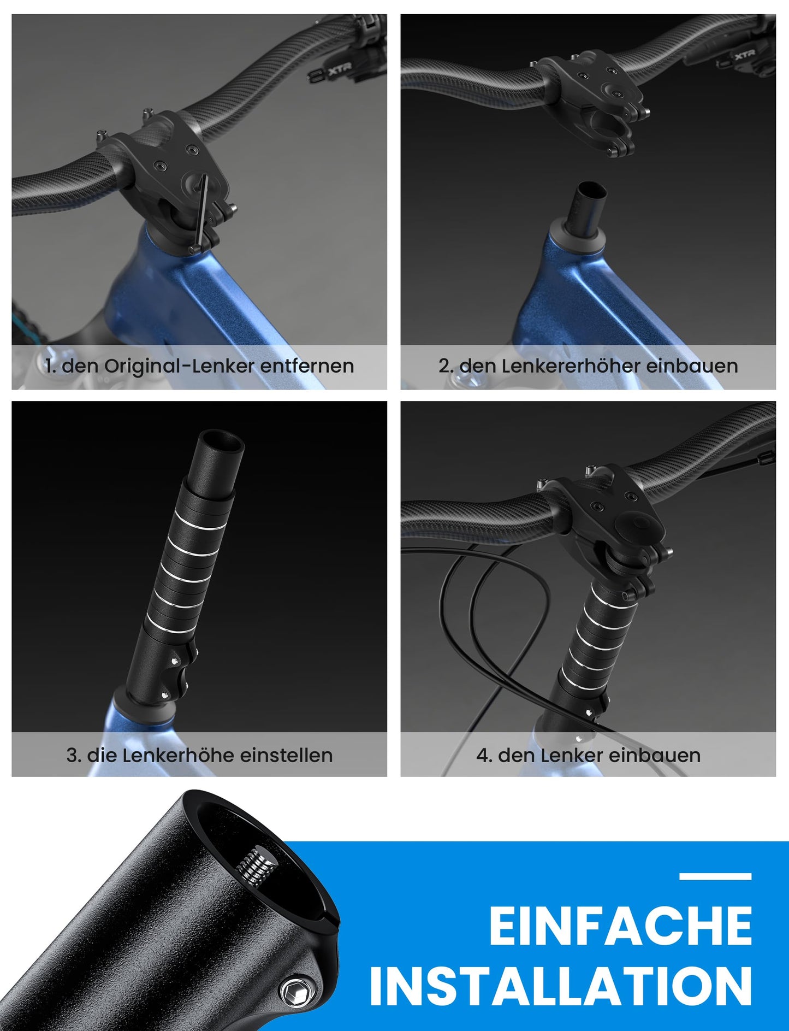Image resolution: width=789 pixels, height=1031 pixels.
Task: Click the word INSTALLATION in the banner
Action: [x=561, y=986]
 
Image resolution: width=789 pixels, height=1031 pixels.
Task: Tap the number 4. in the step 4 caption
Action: [x=484, y=755]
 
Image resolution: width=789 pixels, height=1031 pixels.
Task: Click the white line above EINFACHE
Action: [x=715, y=876]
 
